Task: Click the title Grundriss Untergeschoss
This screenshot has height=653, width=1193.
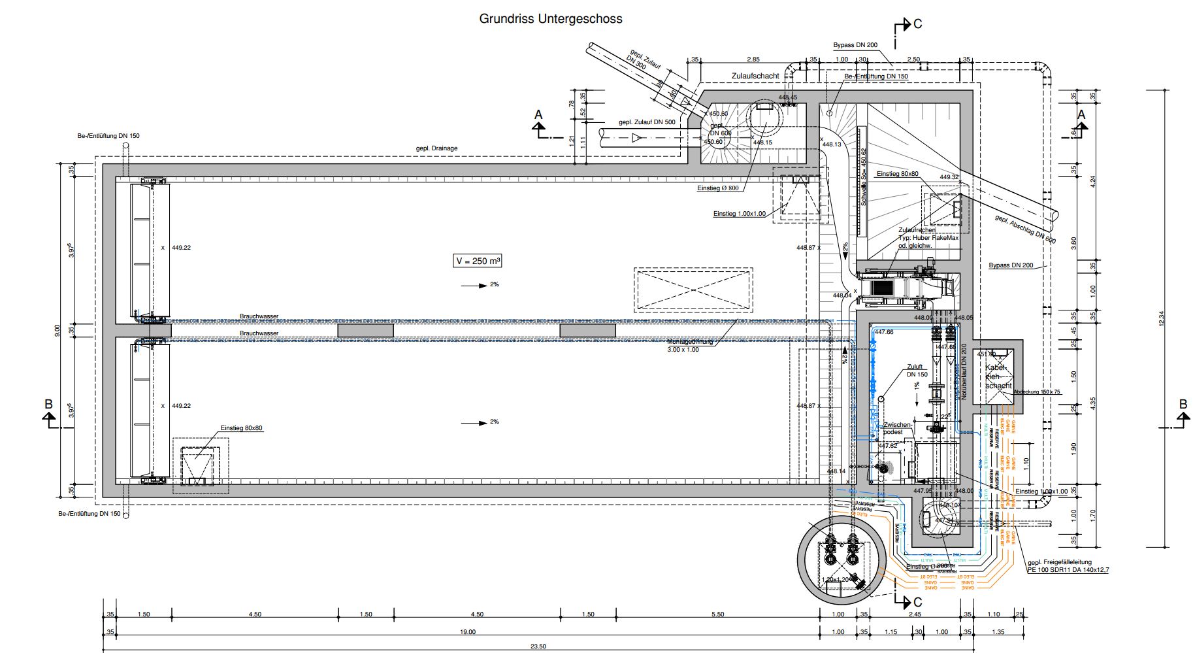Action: [x=550, y=19]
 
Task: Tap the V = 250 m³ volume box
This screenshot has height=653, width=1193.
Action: [x=479, y=261]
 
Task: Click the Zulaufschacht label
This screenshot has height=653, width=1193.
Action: [x=755, y=76]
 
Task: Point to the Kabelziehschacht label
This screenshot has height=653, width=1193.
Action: [x=998, y=377]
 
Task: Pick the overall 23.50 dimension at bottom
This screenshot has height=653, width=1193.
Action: [x=538, y=646]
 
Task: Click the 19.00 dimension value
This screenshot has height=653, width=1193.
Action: [x=467, y=632]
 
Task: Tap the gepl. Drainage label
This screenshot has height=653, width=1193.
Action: [x=436, y=148]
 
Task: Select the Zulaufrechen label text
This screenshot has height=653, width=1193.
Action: [x=917, y=230]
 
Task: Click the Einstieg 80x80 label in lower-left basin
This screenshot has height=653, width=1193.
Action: [x=241, y=428]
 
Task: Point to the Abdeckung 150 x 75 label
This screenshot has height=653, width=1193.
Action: [x=1037, y=392]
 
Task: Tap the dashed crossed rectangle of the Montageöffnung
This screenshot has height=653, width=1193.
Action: [x=692, y=289]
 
